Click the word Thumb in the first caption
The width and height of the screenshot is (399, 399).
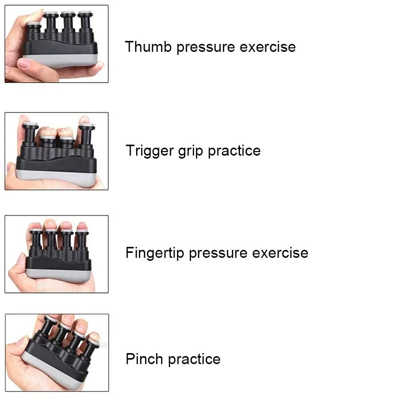[148, 46]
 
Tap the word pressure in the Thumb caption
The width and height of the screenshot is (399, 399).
[205, 48]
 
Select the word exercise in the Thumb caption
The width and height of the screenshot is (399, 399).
[268, 47]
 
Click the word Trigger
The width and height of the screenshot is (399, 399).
[150, 151]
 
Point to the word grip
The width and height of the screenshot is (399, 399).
[191, 151]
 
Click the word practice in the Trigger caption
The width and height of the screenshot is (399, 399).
[234, 151]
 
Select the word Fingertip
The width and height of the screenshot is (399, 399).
[155, 253]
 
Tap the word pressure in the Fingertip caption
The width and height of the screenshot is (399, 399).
[218, 254]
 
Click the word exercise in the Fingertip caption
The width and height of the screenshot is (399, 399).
[280, 253]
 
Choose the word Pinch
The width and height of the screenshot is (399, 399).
[144, 359]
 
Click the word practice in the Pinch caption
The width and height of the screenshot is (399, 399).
[195, 360]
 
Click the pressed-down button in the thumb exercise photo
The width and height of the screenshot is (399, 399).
[34, 24]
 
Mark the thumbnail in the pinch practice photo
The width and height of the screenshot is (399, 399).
[22, 340]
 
